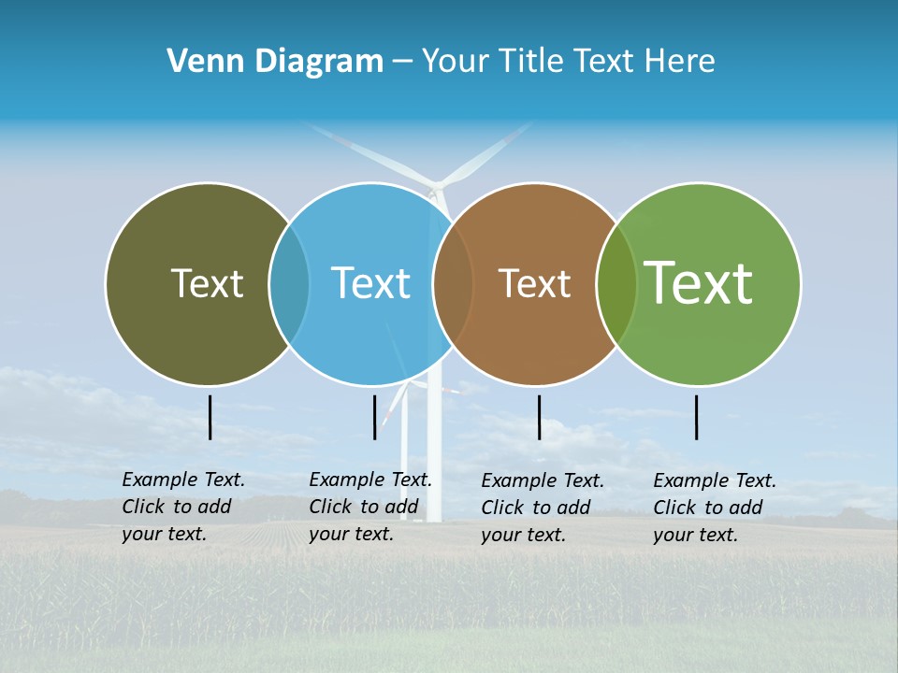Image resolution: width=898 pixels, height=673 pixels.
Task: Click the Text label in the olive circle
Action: coord(207,283)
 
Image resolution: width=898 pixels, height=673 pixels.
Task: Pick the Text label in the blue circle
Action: coord(370,283)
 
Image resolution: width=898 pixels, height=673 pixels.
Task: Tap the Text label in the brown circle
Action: coord(534,283)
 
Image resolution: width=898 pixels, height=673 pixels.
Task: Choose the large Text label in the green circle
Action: coord(698,283)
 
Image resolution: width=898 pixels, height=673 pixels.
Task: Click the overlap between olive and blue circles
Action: coord(289,283)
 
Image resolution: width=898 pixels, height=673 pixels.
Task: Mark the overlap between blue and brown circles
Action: coord(453,283)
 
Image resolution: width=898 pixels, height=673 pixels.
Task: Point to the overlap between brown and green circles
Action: coord(616,283)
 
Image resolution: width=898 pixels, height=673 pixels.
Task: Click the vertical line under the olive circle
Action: coord(210,417)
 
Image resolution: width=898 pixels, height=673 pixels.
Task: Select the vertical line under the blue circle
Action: coord(375,417)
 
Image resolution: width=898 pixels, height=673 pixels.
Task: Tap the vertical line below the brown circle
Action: coord(540,417)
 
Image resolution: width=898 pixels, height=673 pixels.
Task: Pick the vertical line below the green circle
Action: coord(697,417)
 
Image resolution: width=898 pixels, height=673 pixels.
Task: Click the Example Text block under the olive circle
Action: coord(183,507)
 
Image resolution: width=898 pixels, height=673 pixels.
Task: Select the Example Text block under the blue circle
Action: coord(370,507)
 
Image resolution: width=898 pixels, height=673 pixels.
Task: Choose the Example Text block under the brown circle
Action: coord(543,508)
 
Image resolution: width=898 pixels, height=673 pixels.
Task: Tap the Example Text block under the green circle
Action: coord(715,508)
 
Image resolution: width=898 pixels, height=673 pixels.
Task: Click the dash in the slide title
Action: coord(402,63)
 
